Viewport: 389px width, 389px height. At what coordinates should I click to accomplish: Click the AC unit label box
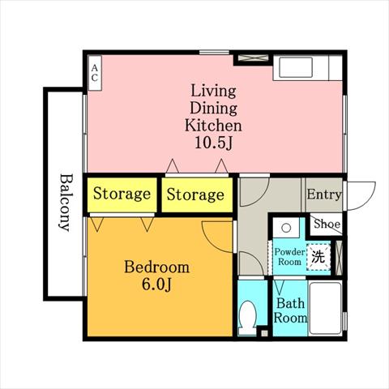95,73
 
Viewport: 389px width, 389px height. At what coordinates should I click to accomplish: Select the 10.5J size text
213,143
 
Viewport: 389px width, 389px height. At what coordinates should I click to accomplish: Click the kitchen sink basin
296,66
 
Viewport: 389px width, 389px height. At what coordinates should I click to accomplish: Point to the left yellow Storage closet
122,194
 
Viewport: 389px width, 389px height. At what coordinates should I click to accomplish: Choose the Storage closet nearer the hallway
197,194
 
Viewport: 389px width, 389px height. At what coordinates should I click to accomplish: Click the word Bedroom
156,267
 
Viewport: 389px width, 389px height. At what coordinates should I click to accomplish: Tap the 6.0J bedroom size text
156,284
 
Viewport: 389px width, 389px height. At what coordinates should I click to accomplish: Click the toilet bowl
247,317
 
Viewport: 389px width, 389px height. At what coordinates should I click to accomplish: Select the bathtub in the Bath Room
325,308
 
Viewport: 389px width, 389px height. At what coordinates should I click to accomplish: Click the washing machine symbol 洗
318,257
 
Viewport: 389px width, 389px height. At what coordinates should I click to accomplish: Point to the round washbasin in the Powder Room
286,228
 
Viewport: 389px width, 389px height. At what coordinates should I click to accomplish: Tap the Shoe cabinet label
327,224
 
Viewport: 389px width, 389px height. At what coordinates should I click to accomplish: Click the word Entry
324,194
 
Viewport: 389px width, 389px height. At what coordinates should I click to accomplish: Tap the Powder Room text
289,257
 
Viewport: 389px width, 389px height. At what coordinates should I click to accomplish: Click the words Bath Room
290,310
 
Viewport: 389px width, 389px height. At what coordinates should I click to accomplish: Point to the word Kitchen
213,126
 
